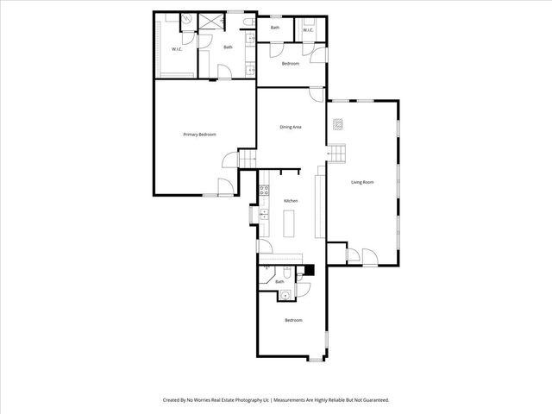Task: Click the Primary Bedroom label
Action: pos(199,135)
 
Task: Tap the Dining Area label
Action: pos(290,127)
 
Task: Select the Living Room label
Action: pos(362,182)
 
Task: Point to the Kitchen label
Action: pos(291,201)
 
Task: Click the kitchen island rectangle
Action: pos(291,223)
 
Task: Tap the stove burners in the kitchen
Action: pos(265,191)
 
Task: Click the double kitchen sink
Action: pos(266,213)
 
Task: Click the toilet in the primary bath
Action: pos(248,21)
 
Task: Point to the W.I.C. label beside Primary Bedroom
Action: pos(177,49)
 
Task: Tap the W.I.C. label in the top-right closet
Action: pos(309,31)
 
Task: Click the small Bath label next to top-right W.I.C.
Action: pos(275,28)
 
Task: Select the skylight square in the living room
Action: pos(340,123)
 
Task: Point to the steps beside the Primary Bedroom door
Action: pos(247,159)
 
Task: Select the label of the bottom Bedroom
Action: pos(294,320)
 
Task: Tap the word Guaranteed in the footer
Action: pos(373,400)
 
